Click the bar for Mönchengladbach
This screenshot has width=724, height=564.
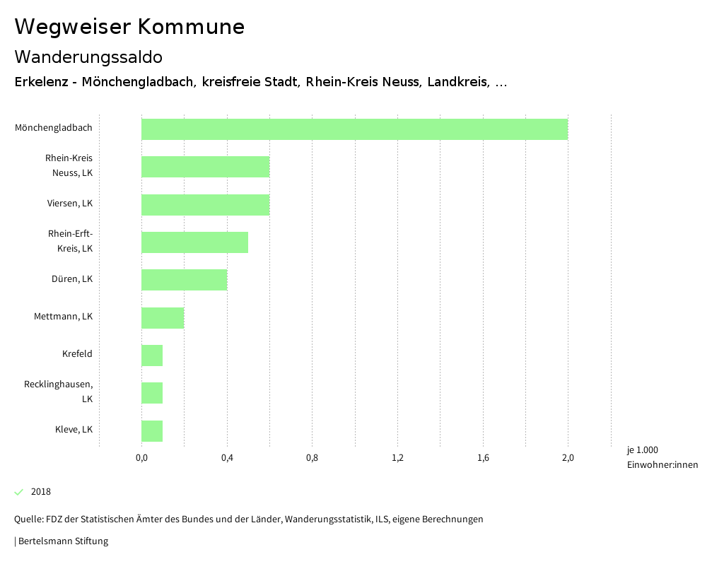tap(354, 129)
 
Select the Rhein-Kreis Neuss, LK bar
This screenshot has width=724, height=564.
tap(205, 167)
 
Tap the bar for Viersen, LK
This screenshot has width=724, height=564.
tap(205, 205)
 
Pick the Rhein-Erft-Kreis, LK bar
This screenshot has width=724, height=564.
tap(194, 242)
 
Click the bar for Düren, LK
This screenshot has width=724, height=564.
tap(184, 280)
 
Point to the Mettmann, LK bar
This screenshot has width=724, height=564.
tap(163, 318)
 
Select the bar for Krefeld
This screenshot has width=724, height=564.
tap(152, 356)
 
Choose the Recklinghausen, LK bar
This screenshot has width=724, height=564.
tap(152, 393)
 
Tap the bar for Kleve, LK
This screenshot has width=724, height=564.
tap(152, 431)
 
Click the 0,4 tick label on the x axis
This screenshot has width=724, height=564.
tap(227, 458)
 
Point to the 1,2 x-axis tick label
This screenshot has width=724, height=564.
tap(397, 458)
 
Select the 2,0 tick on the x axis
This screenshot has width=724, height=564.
tap(568, 458)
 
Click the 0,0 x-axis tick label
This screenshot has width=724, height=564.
tap(141, 458)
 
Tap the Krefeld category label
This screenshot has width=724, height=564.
tap(77, 354)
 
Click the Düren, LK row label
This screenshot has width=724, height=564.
tap(72, 279)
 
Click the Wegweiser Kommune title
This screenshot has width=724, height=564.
tap(129, 27)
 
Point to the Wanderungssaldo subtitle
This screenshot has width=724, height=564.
tap(88, 57)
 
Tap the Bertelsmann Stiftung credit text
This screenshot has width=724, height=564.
tap(62, 541)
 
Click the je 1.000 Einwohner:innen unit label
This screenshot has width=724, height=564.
tap(662, 457)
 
